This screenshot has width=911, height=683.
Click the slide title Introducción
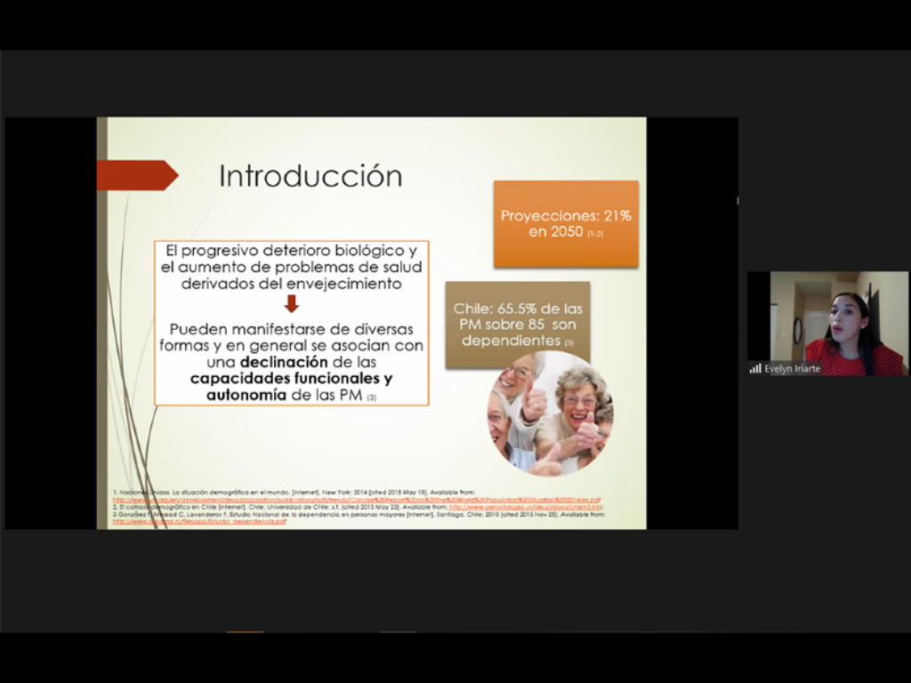click(x=310, y=176)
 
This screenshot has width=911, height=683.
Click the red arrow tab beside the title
click(x=136, y=175)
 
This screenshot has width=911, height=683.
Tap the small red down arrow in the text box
click(x=292, y=304)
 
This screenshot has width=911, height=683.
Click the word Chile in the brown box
click(x=472, y=309)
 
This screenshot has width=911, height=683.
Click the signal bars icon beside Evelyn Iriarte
click(x=755, y=368)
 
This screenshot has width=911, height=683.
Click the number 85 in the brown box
click(x=536, y=325)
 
